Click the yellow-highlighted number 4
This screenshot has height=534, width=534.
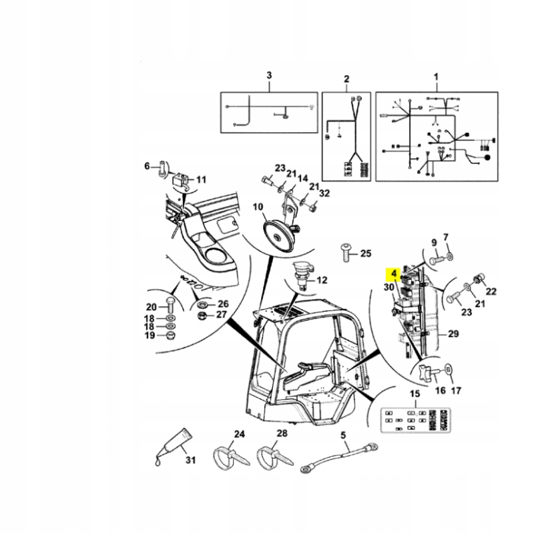(394, 274)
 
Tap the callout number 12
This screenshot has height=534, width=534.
(322, 280)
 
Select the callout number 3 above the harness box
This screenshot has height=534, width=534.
(270, 76)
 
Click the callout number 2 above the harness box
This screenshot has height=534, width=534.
(346, 79)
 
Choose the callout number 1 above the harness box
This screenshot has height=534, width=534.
(437, 77)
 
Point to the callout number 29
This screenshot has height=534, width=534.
(453, 333)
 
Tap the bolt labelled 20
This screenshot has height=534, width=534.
(170, 308)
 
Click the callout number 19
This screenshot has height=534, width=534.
(151, 335)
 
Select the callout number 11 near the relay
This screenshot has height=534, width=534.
(201, 179)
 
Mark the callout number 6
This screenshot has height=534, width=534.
(148, 166)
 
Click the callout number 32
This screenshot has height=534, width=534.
(325, 194)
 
